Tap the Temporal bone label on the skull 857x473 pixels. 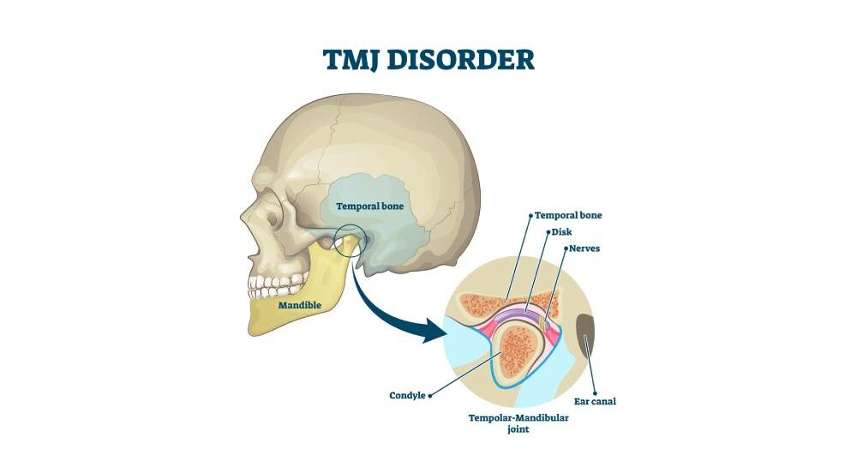tap(369, 207)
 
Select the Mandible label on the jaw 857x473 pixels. tap(299, 304)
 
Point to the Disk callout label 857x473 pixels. tap(562, 231)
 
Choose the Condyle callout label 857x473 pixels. tap(408, 396)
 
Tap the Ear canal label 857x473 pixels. tap(596, 401)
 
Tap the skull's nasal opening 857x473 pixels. tap(254, 242)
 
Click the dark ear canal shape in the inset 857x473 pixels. tap(587, 343)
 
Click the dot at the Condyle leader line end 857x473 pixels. tap(429, 396)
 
